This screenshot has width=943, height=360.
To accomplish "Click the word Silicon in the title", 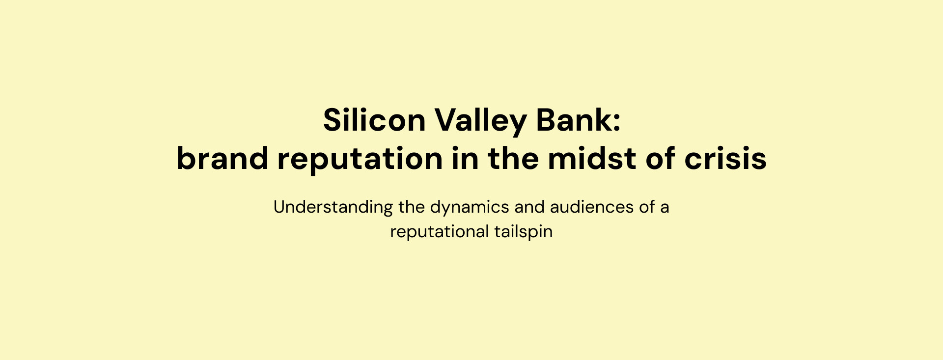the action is click(x=374, y=120).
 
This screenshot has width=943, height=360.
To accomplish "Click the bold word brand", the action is click(x=222, y=158).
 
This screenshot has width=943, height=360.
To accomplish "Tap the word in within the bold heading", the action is click(x=465, y=158).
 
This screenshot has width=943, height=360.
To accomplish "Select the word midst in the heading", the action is click(x=592, y=158).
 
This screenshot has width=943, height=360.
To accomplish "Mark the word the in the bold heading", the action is click(x=513, y=158).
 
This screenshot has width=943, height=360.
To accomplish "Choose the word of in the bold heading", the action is click(x=660, y=158).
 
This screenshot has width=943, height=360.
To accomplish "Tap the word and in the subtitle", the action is click(x=529, y=207).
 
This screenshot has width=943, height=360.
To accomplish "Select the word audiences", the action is click(x=592, y=207).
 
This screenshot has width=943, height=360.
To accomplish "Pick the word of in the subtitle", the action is click(x=647, y=207).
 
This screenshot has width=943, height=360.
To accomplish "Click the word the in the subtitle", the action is click(x=412, y=207).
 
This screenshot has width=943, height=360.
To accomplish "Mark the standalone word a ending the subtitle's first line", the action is click(x=665, y=209).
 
